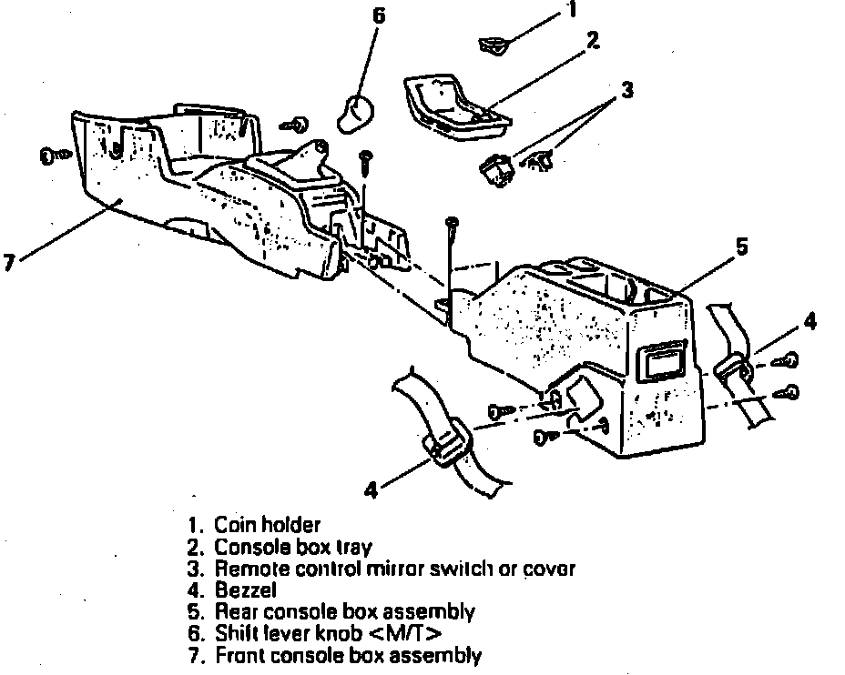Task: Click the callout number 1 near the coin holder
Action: tap(571, 12)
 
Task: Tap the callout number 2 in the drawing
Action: tap(592, 43)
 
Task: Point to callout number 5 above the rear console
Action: tap(742, 247)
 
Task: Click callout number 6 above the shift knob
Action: tap(380, 15)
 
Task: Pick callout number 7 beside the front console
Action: tap(8, 263)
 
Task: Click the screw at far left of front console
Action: tap(54, 156)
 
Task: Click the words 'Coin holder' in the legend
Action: tap(267, 526)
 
